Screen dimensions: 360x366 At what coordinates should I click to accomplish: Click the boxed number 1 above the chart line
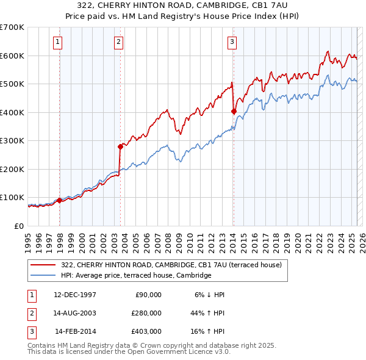[x=57, y=42]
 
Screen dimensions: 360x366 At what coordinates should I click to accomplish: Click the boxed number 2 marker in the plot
[x=118, y=42]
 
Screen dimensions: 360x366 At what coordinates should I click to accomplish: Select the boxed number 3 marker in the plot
[x=232, y=42]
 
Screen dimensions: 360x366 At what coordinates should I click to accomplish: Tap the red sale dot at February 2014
[x=234, y=111]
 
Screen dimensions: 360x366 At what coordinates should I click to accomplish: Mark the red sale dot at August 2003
[x=120, y=146]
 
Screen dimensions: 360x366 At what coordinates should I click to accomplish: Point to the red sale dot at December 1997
[x=60, y=200]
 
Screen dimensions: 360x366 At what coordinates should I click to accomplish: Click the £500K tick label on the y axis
[x=12, y=84]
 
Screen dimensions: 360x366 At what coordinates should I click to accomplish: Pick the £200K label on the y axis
[x=12, y=169]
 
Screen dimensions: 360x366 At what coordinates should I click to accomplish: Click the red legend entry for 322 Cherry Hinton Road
[x=171, y=265]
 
